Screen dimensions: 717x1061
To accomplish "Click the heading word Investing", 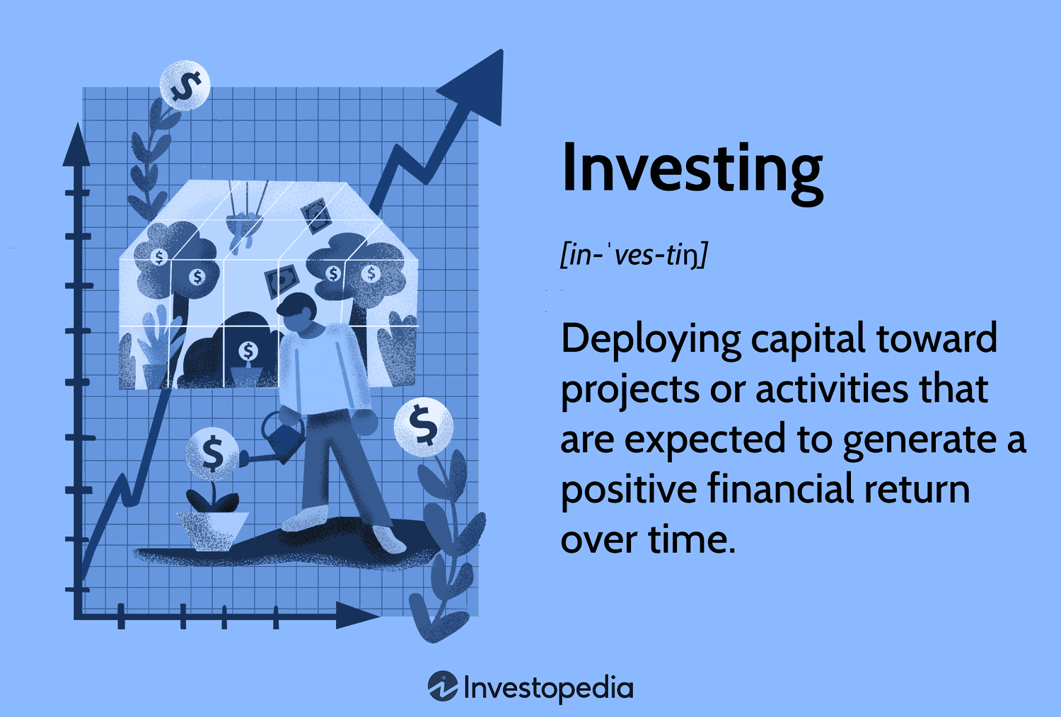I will [x=692, y=170].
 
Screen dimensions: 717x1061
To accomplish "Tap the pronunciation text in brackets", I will [x=634, y=255].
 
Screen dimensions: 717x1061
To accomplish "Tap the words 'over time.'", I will [x=648, y=540].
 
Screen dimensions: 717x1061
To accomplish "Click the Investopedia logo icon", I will [x=443, y=687].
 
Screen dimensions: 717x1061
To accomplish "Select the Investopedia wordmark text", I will [x=548, y=688].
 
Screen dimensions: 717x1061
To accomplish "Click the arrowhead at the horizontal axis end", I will [x=357, y=616].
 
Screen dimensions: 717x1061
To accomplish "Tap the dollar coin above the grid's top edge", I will [x=185, y=86].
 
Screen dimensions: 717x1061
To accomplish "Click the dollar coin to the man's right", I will [x=423, y=426].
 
